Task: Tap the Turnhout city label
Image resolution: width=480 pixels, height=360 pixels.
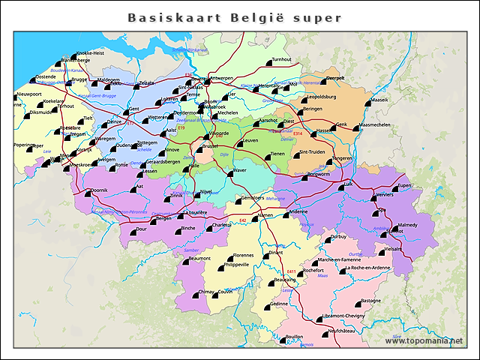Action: click(x=281, y=59)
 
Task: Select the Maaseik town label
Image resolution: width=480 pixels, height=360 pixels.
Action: click(x=380, y=99)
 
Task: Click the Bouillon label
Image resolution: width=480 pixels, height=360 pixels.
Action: click(x=295, y=337)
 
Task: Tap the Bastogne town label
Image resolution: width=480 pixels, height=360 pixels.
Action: click(x=370, y=301)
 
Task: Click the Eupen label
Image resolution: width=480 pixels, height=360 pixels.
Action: click(x=405, y=185)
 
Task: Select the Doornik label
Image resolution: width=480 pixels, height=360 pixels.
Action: click(x=99, y=190)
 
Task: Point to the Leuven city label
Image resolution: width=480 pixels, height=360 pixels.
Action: click(x=251, y=140)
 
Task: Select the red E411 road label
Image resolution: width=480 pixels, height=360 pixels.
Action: click(x=292, y=271)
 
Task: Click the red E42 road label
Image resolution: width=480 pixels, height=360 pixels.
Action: click(x=242, y=220)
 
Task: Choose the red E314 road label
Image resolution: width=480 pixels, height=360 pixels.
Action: click(x=298, y=133)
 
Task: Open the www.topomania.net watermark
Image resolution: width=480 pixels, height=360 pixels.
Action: click(x=424, y=341)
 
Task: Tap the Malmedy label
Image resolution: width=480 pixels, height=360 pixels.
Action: click(x=409, y=225)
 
